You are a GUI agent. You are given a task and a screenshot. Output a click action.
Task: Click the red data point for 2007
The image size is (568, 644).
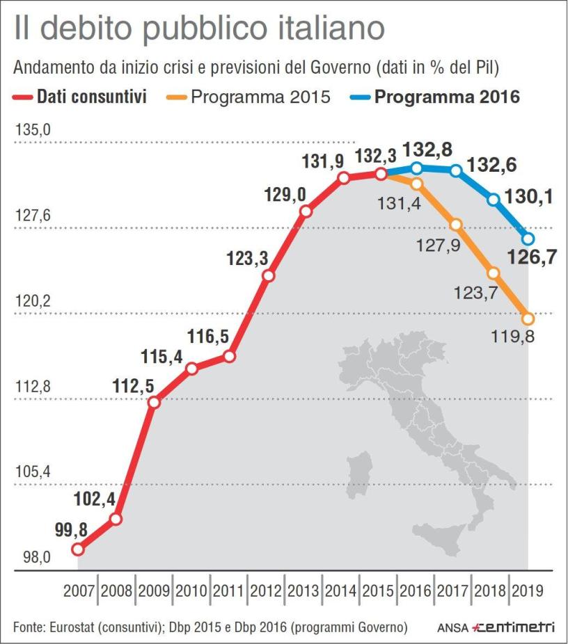(78, 549)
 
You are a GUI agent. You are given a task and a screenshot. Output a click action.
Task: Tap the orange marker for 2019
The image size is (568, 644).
(528, 319)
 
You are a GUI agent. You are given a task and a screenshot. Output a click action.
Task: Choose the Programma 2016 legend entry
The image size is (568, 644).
(446, 97)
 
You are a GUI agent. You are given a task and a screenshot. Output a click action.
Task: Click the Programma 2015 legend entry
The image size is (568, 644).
(260, 97)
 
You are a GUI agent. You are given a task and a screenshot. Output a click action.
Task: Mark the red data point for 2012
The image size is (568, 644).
(269, 275)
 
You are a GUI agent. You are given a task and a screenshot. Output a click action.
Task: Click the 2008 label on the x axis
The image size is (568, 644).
(116, 592)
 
